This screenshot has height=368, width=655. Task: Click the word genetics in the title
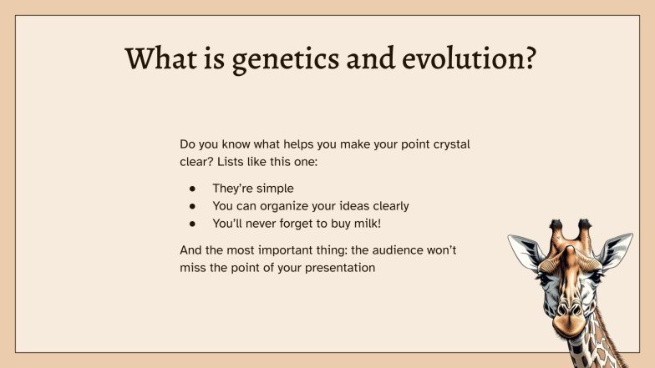tap(269, 59)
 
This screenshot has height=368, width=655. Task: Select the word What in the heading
tap(161, 59)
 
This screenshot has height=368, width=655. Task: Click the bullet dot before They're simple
tap(193, 189)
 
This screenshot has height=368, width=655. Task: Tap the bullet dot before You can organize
tap(193, 206)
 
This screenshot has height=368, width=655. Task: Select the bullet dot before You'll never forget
tap(193, 224)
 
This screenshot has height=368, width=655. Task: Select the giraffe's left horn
tap(556, 229)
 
